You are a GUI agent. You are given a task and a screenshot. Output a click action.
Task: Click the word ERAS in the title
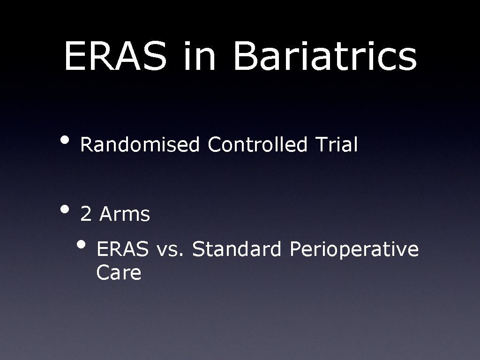coord(115,56)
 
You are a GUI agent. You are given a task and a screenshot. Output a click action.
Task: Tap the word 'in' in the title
coord(200,56)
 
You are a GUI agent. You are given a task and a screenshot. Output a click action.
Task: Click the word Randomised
coord(140,145)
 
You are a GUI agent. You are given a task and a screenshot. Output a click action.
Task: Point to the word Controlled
coord(258,145)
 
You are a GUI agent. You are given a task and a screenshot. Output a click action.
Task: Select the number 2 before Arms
coord(86,215)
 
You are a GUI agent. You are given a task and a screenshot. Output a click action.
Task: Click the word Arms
coord(125,215)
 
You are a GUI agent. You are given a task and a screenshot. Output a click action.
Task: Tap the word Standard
coord(237,249)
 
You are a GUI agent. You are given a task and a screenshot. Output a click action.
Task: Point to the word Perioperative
coord(354,250)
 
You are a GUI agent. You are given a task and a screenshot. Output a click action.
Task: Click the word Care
coord(119,273)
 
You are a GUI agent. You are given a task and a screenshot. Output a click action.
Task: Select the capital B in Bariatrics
coord(244,56)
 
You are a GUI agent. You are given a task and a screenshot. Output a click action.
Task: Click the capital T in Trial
coord(319,145)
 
